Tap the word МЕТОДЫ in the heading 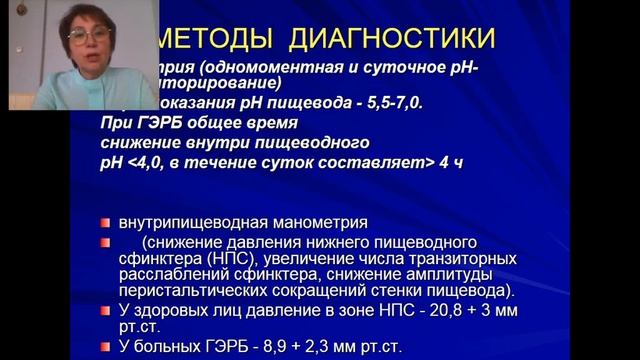coord(210,39)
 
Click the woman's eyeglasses coord(90,37)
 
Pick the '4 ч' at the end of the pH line coord(451,161)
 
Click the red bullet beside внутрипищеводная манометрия coord(106,222)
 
